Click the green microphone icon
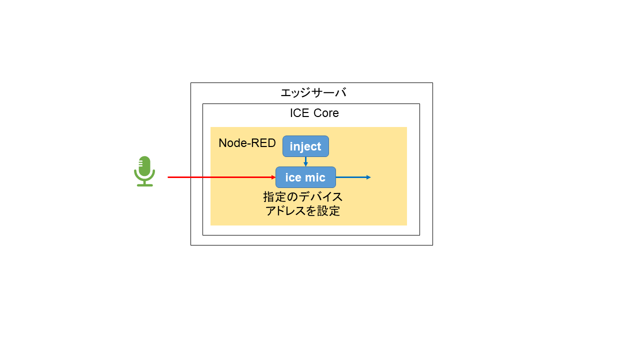[144, 171]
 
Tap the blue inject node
[305, 146]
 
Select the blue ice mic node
[305, 177]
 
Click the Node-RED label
[247, 143]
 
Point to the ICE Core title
[314, 113]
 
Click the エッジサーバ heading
[313, 92]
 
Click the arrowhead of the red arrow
[273, 177]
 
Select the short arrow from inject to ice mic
[305, 161]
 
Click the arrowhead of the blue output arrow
[368, 177]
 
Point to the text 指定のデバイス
[303, 196]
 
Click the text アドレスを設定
[303, 211]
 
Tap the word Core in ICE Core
[326, 113]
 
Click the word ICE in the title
[300, 113]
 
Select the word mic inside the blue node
[315, 177]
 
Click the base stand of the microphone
[144, 184]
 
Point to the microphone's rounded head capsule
[144, 165]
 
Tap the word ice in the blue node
[293, 177]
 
